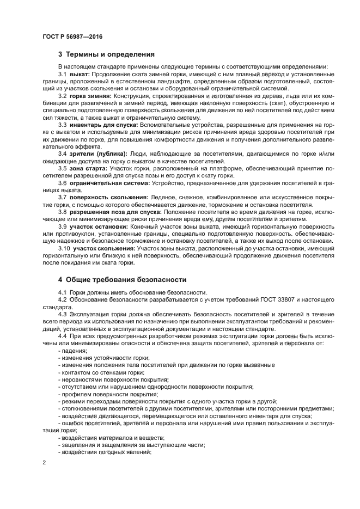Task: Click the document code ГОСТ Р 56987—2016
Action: pyautogui.click(x=72, y=36)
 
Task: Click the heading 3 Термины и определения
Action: pyautogui.click(x=106, y=54)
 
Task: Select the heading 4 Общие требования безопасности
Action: pyautogui.click(x=122, y=280)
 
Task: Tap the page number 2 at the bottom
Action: pyautogui.click(x=44, y=462)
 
